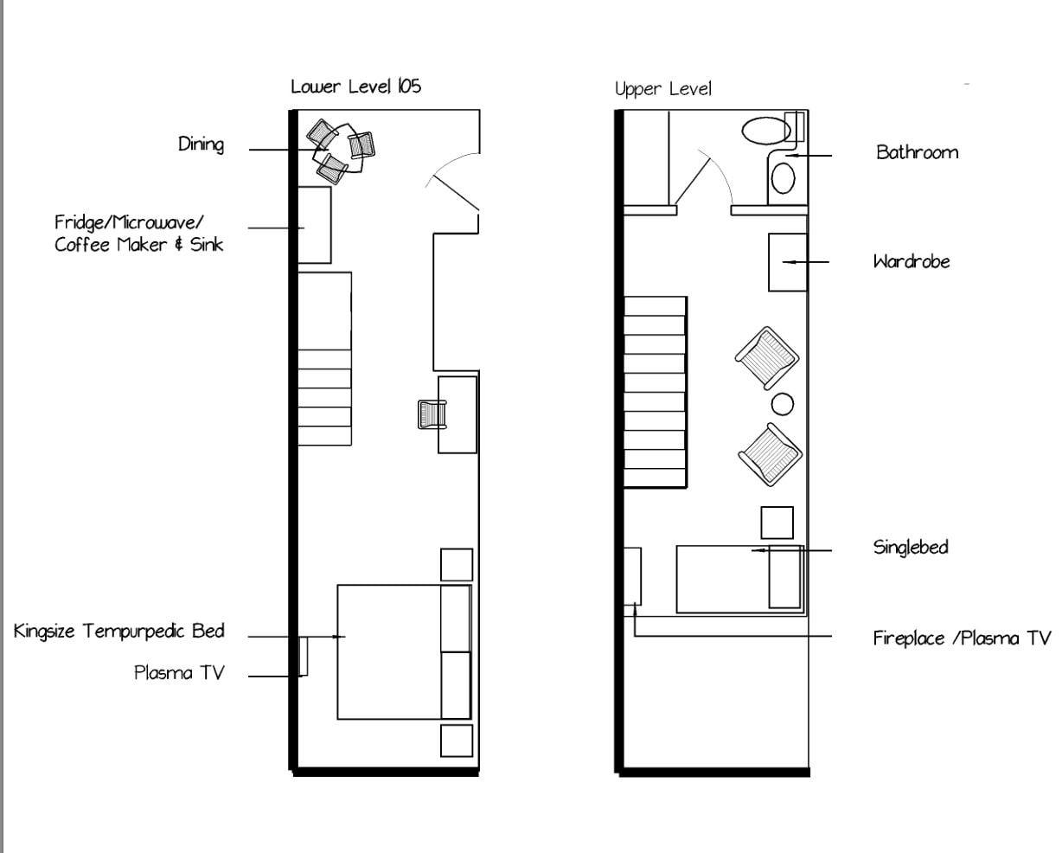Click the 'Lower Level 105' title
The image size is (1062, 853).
[x=355, y=87]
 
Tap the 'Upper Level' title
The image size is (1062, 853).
[x=662, y=89]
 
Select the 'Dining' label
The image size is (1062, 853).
[x=201, y=144]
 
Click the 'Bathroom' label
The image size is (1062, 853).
[x=917, y=153]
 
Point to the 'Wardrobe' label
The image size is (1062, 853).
[x=911, y=261]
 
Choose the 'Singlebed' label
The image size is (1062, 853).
[x=910, y=548]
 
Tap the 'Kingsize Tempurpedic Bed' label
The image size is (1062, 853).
[x=119, y=632]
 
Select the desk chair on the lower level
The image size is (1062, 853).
[x=431, y=414]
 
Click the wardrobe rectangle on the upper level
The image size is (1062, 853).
[x=788, y=262]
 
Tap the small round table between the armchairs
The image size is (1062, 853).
[x=782, y=403]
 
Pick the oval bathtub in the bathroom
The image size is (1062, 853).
[x=765, y=130]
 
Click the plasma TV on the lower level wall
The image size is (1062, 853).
[x=303, y=656]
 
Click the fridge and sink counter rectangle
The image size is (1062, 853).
[x=315, y=225]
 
